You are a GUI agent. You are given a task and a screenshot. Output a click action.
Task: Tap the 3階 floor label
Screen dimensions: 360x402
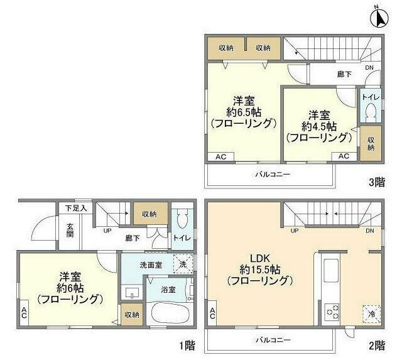click(376, 182)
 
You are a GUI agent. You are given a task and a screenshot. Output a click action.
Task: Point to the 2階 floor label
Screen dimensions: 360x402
click(376, 346)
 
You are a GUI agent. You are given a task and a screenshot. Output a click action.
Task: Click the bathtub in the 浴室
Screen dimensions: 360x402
click(168, 312)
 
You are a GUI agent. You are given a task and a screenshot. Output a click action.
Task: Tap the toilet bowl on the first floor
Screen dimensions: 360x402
click(183, 219)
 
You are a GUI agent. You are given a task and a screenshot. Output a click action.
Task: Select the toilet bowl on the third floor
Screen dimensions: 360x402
click(371, 113)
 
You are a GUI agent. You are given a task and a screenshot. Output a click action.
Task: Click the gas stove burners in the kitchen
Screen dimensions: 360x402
click(331, 310)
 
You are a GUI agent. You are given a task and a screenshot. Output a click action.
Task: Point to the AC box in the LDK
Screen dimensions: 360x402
click(213, 314)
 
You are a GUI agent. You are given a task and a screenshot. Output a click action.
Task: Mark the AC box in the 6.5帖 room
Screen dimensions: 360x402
click(221, 156)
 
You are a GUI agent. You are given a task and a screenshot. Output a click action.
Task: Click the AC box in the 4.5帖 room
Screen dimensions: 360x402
click(344, 156)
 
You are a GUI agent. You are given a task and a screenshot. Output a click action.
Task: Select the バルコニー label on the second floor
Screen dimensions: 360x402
click(272, 339)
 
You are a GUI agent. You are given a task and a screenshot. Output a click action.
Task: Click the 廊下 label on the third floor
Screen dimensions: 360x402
click(344, 75)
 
